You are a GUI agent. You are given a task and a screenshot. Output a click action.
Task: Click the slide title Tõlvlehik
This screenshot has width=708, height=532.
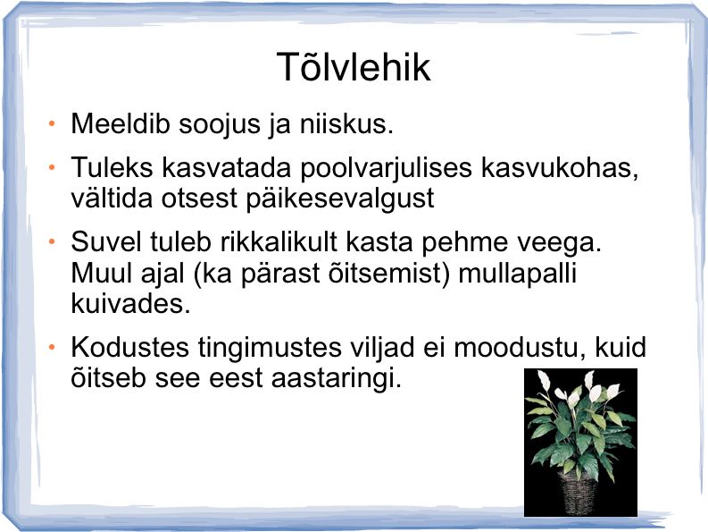click(354, 66)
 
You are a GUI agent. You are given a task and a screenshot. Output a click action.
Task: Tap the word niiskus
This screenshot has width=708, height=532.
click(346, 123)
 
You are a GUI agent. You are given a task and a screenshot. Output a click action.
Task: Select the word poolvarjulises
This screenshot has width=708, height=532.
click(386, 168)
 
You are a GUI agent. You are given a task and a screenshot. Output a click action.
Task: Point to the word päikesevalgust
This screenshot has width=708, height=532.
click(340, 199)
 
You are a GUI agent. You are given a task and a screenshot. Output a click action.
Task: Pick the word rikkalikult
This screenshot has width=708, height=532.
click(279, 241)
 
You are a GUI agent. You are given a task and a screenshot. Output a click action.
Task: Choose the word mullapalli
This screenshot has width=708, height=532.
click(518, 274)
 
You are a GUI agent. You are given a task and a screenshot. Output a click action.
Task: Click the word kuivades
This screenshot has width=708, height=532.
click(130, 303)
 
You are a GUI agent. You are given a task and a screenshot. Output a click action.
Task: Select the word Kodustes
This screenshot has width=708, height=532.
click(129, 348)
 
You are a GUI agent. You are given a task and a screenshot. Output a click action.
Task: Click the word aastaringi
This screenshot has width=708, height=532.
click(336, 378)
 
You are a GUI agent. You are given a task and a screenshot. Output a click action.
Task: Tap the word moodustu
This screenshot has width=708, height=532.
click(515, 348)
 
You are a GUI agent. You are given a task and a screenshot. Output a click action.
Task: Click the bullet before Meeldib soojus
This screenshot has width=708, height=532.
click(52, 123)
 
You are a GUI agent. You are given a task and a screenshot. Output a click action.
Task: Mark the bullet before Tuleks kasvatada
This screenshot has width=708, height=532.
click(52, 168)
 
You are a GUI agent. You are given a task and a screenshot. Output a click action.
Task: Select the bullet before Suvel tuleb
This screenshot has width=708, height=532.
click(52, 242)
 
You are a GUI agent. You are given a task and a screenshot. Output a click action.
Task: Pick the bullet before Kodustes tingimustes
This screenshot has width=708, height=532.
click(52, 348)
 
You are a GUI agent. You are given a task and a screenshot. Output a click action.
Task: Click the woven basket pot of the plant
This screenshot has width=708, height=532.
click(577, 492)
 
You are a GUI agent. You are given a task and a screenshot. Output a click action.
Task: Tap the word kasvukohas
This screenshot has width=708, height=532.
click(560, 167)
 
